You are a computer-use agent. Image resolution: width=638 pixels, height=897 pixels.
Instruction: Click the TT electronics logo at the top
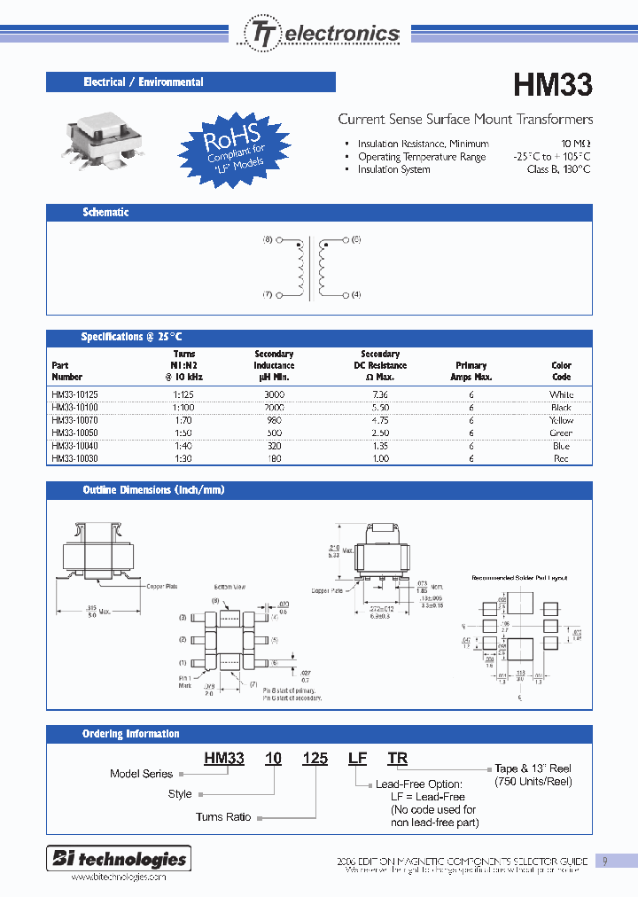click(322, 34)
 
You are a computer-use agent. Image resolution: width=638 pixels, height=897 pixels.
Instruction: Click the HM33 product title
click(553, 85)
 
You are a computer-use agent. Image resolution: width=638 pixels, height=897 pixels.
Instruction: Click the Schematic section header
click(105, 213)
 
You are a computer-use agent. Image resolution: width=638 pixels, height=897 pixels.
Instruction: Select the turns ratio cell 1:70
click(183, 420)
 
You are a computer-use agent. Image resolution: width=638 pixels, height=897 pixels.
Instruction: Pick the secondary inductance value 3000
click(274, 394)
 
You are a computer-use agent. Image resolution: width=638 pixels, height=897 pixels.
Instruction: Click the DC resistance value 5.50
click(380, 407)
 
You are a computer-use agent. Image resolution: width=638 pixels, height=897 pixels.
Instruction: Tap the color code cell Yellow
click(561, 420)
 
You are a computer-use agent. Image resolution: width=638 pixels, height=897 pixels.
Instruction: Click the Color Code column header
click(561, 370)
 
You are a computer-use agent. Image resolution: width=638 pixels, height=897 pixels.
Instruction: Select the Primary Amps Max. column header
click(471, 370)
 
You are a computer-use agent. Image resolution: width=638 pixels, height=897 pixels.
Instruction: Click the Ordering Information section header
click(130, 734)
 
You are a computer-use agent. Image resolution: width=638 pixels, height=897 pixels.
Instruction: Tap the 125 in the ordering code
click(315, 758)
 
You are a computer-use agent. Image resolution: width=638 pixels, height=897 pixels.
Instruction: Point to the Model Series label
click(141, 774)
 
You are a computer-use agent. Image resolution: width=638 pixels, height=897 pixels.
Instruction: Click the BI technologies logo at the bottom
click(120, 859)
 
